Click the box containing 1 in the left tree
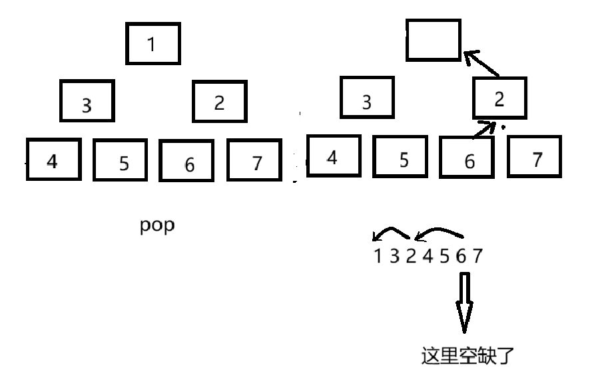coord(153,44)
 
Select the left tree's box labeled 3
coord(87,101)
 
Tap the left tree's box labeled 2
coord(220,101)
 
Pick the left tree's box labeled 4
coord(53,160)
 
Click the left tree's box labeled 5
coord(120,160)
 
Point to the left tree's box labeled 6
coord(186,160)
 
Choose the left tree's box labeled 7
coord(255,160)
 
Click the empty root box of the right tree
coord(434,40)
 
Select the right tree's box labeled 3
coord(366,98)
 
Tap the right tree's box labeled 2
coord(499,98)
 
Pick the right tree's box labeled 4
coord(333,156)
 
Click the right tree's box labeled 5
coord(400,156)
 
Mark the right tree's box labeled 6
coord(467,157)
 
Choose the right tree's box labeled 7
coord(535,156)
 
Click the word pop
coord(157,225)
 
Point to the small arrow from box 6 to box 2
coord(484,129)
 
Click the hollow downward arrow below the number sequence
coord(464,303)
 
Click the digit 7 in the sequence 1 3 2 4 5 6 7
coord(477,255)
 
